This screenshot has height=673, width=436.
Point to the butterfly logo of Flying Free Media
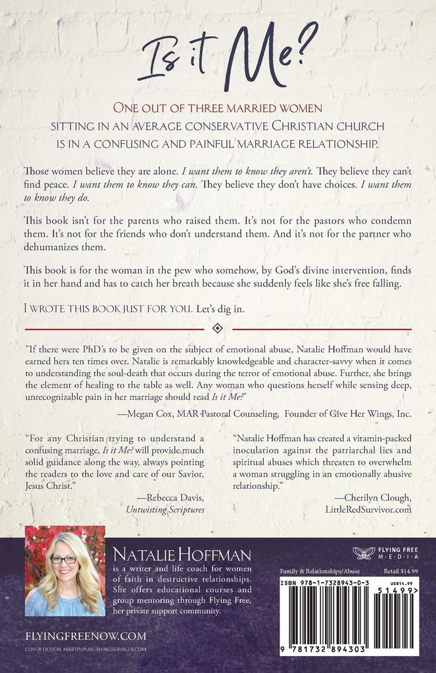(x=363, y=553)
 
